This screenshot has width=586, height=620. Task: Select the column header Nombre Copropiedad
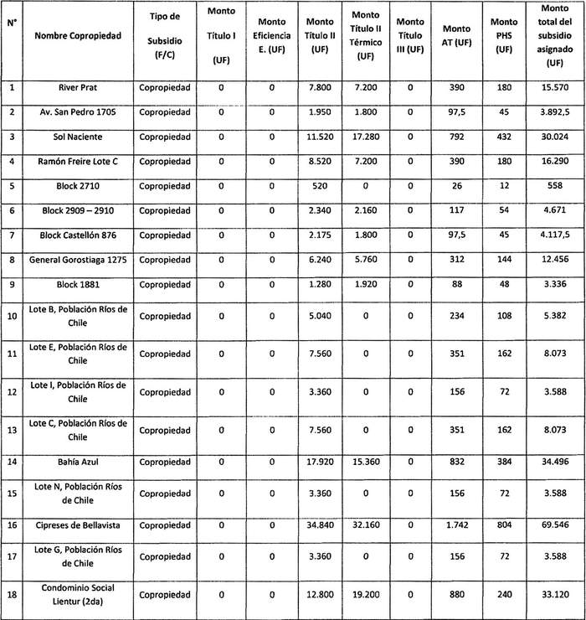point(78,35)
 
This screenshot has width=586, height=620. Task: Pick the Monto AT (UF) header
point(457,35)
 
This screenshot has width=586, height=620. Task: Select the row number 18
point(13,594)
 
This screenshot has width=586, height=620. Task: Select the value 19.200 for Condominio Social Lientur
point(365,594)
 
